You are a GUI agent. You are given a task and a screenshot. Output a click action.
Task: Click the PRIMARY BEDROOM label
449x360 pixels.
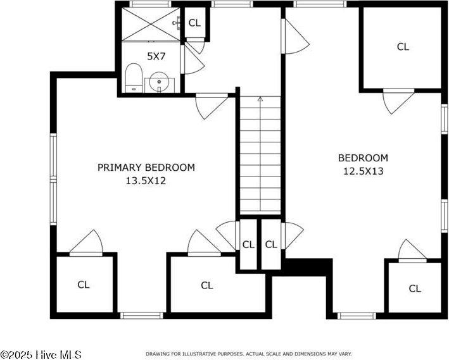click(x=146, y=167)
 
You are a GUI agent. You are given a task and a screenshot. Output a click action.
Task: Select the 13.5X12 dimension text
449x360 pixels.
click(x=146, y=180)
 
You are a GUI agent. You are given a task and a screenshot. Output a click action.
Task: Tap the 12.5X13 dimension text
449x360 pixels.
click(x=362, y=170)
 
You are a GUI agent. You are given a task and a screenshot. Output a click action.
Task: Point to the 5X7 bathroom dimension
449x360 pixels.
click(x=156, y=56)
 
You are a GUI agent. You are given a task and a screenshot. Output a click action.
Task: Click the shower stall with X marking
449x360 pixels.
click(x=150, y=24)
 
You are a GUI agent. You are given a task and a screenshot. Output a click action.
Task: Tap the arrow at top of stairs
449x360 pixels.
click(x=260, y=99)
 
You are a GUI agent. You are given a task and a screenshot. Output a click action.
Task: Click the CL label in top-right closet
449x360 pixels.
click(x=403, y=46)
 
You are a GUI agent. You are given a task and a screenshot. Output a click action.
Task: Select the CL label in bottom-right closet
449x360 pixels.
click(x=415, y=289)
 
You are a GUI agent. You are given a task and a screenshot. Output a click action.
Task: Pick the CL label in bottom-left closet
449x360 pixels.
click(x=84, y=285)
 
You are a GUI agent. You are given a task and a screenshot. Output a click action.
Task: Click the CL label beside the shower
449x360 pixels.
click(x=194, y=23)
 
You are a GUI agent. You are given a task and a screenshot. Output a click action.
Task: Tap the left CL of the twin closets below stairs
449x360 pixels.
click(x=248, y=244)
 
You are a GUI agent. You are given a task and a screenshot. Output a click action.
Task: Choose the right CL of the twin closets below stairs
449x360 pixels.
click(x=271, y=244)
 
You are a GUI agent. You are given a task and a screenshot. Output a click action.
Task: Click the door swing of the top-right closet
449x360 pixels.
click(x=398, y=101)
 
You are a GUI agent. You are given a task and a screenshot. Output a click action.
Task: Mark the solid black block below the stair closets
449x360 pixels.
click(x=308, y=266)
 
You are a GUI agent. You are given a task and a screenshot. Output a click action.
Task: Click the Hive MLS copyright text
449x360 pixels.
click(x=41, y=354)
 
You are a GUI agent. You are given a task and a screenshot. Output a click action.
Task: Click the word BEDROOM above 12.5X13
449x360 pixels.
click(x=362, y=158)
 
